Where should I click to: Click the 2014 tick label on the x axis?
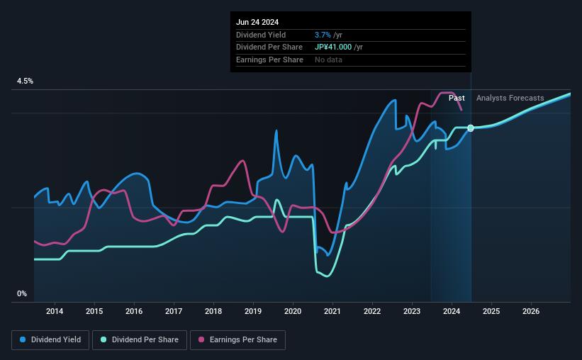click(x=55, y=311)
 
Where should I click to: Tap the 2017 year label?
click(x=174, y=311)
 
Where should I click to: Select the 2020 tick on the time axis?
click(x=293, y=311)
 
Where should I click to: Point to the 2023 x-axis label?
click(x=412, y=311)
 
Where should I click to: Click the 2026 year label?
click(x=531, y=311)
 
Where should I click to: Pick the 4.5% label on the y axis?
click(x=25, y=81)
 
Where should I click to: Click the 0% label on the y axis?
click(x=22, y=293)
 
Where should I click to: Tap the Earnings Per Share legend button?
click(x=237, y=340)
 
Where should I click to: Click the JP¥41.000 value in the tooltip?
click(x=339, y=47)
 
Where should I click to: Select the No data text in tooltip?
click(x=328, y=60)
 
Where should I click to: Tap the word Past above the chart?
click(x=457, y=98)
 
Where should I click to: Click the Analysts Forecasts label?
click(x=510, y=98)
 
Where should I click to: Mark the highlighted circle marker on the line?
click(x=471, y=128)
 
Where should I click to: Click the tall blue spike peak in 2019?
click(x=276, y=130)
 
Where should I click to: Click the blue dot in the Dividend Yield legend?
click(x=23, y=340)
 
